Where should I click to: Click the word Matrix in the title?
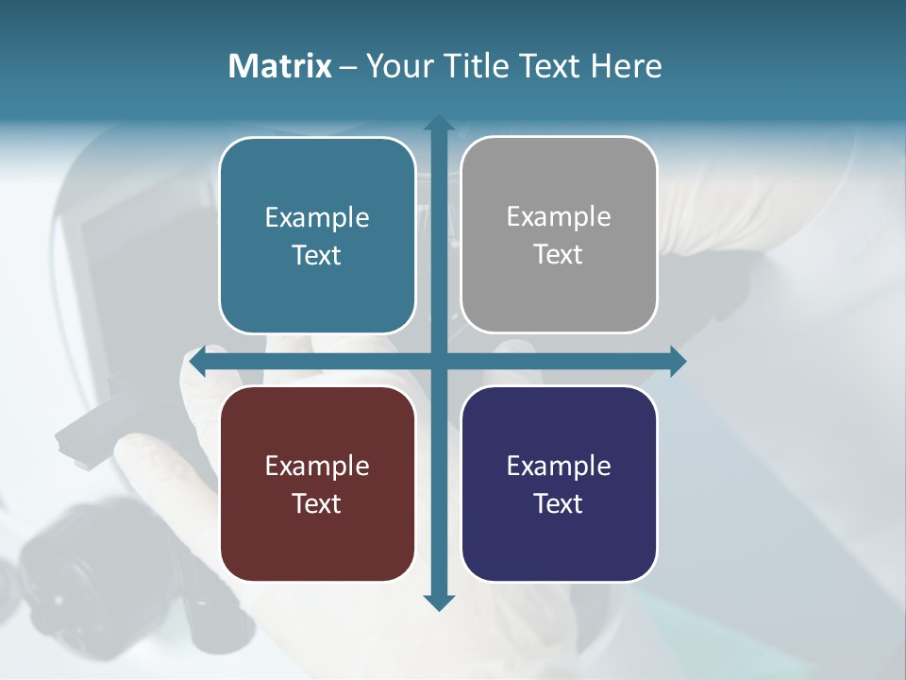tap(279, 66)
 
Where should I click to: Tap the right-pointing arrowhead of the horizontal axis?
tap(678, 361)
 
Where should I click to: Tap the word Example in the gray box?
tap(559, 217)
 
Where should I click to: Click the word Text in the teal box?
tap(317, 255)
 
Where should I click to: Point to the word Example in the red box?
tap(317, 466)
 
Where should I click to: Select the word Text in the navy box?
tap(559, 503)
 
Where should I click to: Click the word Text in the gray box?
tap(559, 255)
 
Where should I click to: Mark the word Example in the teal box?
tap(317, 217)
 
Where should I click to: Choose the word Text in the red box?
tap(317, 503)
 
